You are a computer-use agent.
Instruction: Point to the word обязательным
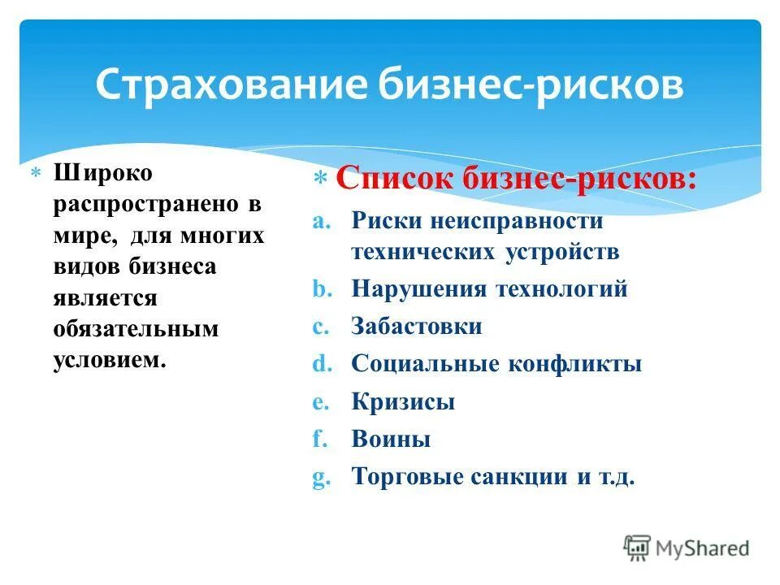coord(136,328)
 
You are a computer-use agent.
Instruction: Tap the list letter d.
coord(318,364)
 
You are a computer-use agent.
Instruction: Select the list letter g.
coord(318,477)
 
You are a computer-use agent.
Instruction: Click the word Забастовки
coord(417,327)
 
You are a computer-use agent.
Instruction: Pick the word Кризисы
coord(403,401)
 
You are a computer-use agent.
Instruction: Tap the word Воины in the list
coord(391,440)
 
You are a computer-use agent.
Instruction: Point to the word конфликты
coord(575,364)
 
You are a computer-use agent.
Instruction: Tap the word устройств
coord(561,252)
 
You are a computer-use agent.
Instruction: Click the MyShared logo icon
coord(637,548)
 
